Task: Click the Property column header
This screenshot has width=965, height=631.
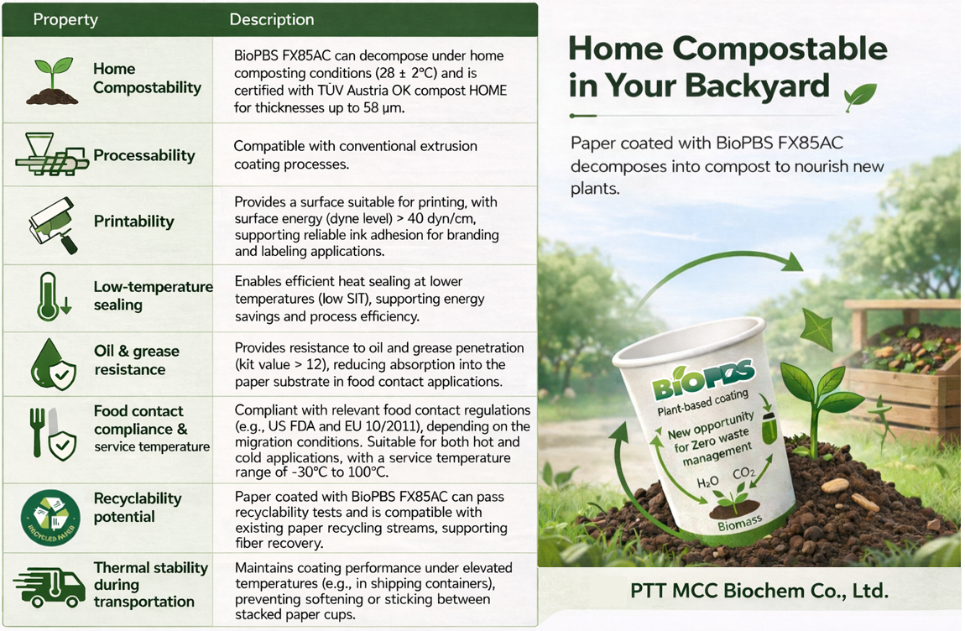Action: pos(65,19)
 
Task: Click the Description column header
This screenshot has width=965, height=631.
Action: pos(272,19)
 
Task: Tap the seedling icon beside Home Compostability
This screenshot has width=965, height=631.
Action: pos(51,81)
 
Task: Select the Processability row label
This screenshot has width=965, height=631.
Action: pos(143,155)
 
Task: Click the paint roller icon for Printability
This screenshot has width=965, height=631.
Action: pos(53,224)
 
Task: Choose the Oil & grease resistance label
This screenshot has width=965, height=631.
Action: pos(136,360)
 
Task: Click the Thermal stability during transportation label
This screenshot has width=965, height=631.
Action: pos(150,585)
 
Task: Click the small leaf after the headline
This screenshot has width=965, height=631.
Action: pos(860,96)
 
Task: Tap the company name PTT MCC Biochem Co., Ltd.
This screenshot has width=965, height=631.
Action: pos(759,591)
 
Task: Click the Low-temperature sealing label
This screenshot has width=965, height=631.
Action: pos(153,295)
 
